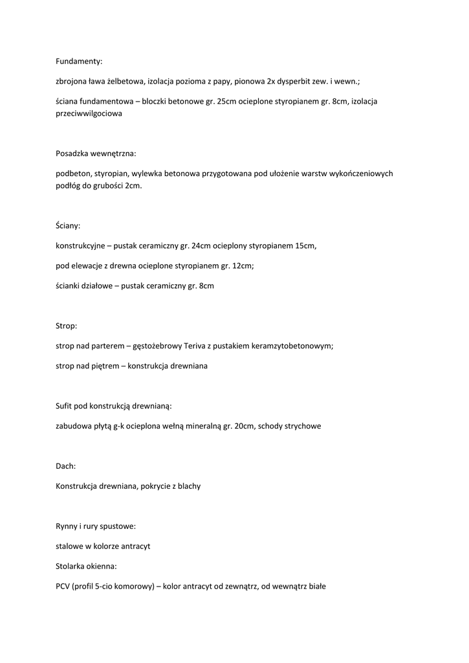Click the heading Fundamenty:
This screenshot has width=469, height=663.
point(79,62)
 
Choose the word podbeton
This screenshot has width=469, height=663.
point(74,174)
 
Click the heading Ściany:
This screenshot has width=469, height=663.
point(68,225)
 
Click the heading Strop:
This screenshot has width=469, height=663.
point(67,326)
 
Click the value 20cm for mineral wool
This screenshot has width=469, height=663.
point(243,426)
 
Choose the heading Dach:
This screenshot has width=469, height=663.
point(66,466)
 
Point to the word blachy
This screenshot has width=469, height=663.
point(188,486)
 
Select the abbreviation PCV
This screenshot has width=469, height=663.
point(64,587)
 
